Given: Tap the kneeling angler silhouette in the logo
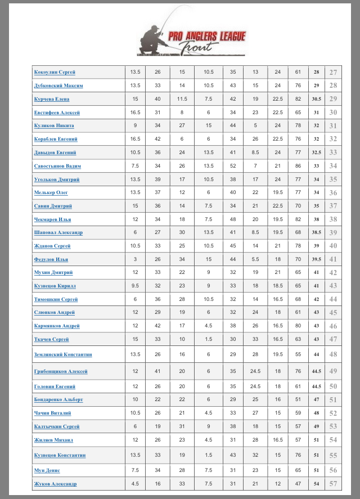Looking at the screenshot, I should (x=153, y=41).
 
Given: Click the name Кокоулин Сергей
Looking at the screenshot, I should (x=55, y=72).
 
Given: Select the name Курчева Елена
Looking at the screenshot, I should (x=52, y=99).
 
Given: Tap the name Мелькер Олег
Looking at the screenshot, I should (x=51, y=192).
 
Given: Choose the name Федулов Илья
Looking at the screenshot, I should (x=51, y=259).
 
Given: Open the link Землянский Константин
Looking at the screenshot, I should (x=63, y=354).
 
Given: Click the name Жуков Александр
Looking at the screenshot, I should (x=55, y=484).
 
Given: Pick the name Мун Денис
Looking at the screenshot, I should (x=47, y=470).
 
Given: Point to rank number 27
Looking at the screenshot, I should (x=333, y=73).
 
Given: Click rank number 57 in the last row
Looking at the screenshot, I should (x=333, y=484).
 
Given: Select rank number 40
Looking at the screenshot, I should (x=333, y=246).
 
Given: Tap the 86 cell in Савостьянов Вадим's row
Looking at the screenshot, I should (x=298, y=166).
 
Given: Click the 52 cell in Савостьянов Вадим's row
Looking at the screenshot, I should (x=233, y=166).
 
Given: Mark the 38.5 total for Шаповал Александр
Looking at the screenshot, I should (x=316, y=232).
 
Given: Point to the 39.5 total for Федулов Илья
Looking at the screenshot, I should (x=316, y=259).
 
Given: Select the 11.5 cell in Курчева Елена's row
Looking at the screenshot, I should (x=182, y=99).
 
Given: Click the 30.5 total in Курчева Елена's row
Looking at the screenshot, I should (x=316, y=99).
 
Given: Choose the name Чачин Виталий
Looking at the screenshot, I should (x=53, y=413).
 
